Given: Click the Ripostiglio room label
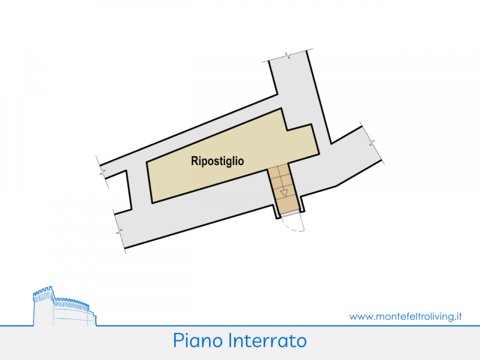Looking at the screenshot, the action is click(x=217, y=161).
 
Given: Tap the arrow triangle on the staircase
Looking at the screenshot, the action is click(x=284, y=193).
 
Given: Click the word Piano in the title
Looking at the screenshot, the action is click(x=199, y=341).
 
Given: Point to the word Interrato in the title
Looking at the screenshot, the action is click(x=268, y=341).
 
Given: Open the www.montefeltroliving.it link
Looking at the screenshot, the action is click(x=405, y=316).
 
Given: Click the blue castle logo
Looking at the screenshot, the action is click(x=62, y=307).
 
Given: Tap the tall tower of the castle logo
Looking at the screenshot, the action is click(x=43, y=306).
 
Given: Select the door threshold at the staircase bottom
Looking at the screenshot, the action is click(x=289, y=214).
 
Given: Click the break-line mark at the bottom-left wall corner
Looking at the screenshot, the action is click(x=121, y=230).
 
